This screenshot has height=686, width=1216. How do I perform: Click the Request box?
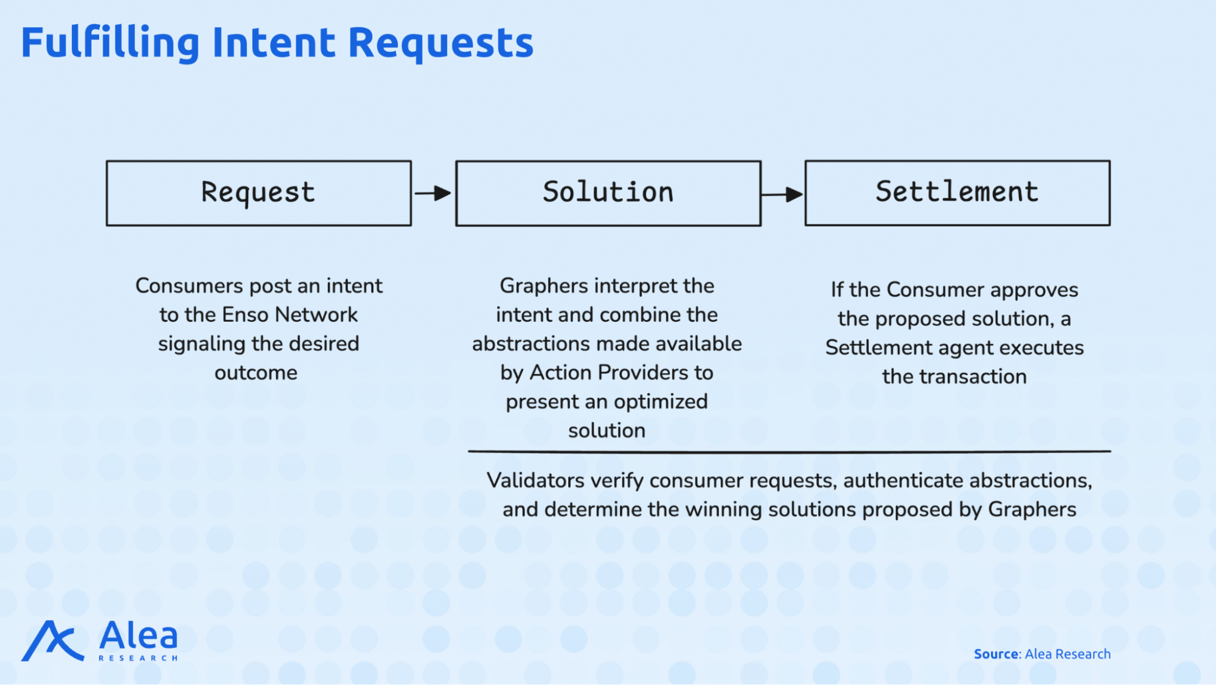259,193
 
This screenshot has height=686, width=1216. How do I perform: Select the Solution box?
608,193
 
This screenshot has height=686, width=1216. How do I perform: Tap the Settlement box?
957,193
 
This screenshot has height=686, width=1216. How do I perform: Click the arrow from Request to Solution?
433,193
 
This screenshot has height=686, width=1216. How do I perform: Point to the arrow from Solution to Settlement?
782,195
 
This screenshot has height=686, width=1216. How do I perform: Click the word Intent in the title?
274,43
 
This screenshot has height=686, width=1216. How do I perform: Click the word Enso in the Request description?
245,314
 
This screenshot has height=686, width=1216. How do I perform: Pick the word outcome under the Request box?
256,373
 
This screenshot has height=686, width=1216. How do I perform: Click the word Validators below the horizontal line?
536,480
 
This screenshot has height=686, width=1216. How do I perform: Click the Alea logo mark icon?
52,640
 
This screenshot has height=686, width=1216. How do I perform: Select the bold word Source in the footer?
996,654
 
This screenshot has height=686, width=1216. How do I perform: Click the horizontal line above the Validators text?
790,452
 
